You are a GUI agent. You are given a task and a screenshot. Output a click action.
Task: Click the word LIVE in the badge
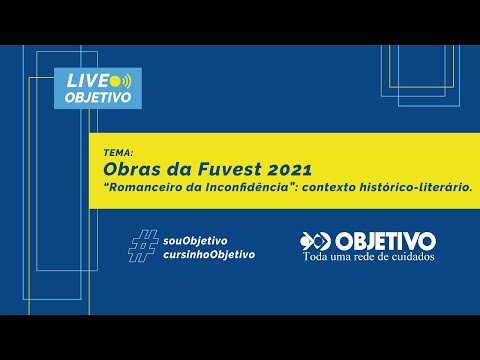(86, 80)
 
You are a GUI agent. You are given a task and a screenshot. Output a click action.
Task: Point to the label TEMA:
(117, 151)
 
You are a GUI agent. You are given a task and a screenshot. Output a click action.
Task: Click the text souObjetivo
(195, 240)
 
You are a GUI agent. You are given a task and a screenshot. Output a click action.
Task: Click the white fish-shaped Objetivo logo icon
(315, 241)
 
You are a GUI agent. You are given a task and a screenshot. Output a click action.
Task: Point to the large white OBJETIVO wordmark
(386, 241)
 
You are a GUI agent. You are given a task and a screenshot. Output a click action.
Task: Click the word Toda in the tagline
(318, 257)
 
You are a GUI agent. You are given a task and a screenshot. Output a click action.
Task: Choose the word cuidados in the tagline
(415, 257)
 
